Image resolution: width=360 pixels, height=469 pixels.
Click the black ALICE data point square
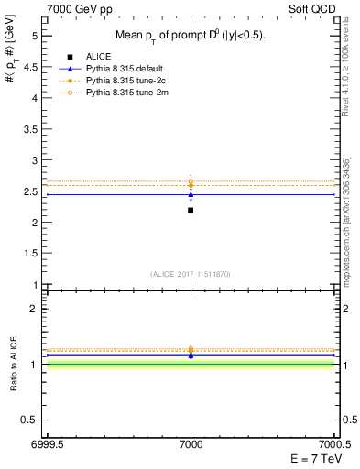tap(191, 210)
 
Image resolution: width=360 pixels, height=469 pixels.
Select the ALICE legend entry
tap(100, 57)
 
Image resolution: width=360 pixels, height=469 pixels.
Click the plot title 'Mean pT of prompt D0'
tap(191, 36)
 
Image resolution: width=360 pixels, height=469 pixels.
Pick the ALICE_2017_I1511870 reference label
tap(191, 274)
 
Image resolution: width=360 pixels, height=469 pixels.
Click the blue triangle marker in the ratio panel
tap(191, 354)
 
